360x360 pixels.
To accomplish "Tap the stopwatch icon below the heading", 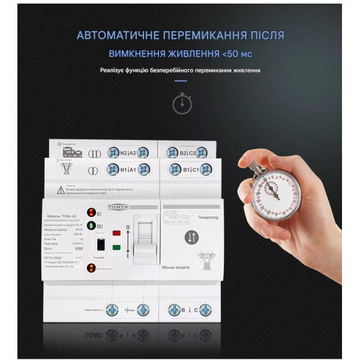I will click(182, 103).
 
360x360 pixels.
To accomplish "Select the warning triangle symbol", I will click(61, 190).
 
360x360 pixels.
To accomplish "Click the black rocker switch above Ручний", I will click(101, 245).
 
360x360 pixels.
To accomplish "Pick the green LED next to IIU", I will click(90, 226).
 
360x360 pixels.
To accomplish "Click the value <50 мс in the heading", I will click(236, 55).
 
